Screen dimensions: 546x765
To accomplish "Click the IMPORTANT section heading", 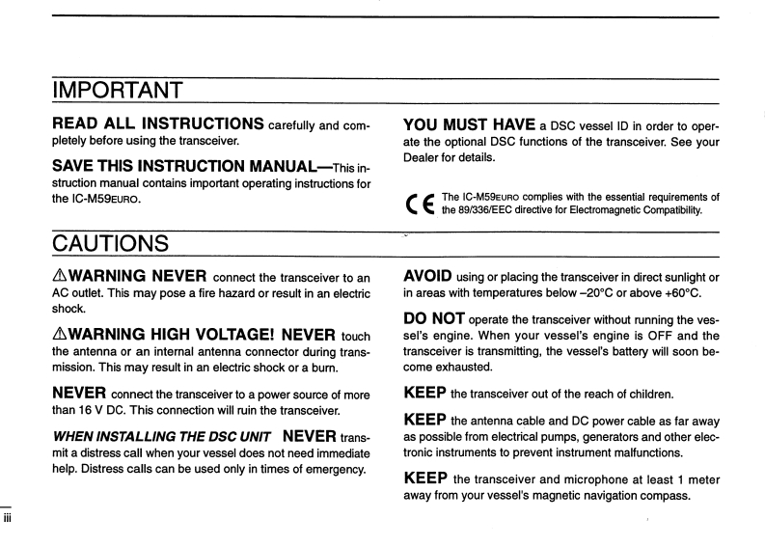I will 117,94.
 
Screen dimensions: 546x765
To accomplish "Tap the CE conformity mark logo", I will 421,204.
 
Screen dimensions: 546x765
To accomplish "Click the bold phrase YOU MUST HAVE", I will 467,124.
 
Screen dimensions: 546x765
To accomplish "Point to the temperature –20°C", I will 586,293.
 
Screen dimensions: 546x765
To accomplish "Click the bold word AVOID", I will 431,276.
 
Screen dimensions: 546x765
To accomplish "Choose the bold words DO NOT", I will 442,319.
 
